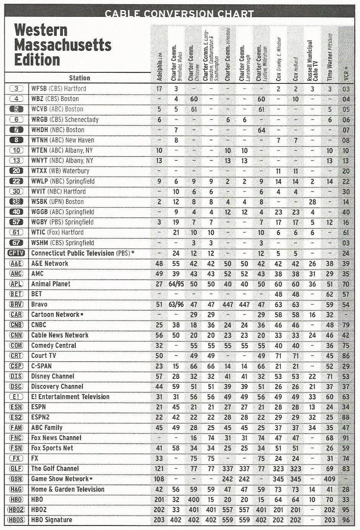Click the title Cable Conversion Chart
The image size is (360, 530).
tap(179, 13)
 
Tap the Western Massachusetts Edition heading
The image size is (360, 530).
tap(63, 45)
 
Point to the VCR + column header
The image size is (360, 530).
tap(346, 73)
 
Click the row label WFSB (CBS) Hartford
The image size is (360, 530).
tap(59, 89)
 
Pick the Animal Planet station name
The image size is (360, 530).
tap(51, 284)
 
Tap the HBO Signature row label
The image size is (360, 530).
tap(52, 520)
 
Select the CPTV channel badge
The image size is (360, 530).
tap(16, 253)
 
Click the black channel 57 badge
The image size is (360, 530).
tap(16, 222)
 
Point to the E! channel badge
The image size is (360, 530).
tap(16, 397)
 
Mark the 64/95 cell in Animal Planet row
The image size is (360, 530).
tap(176, 284)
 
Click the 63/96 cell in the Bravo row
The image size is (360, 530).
tap(176, 305)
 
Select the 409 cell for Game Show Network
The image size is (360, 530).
tap(330, 479)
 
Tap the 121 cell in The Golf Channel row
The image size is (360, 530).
tap(159, 468)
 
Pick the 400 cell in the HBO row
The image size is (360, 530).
tap(194, 499)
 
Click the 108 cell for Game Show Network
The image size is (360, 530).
tap(159, 479)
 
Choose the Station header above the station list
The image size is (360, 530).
tap(80, 78)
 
